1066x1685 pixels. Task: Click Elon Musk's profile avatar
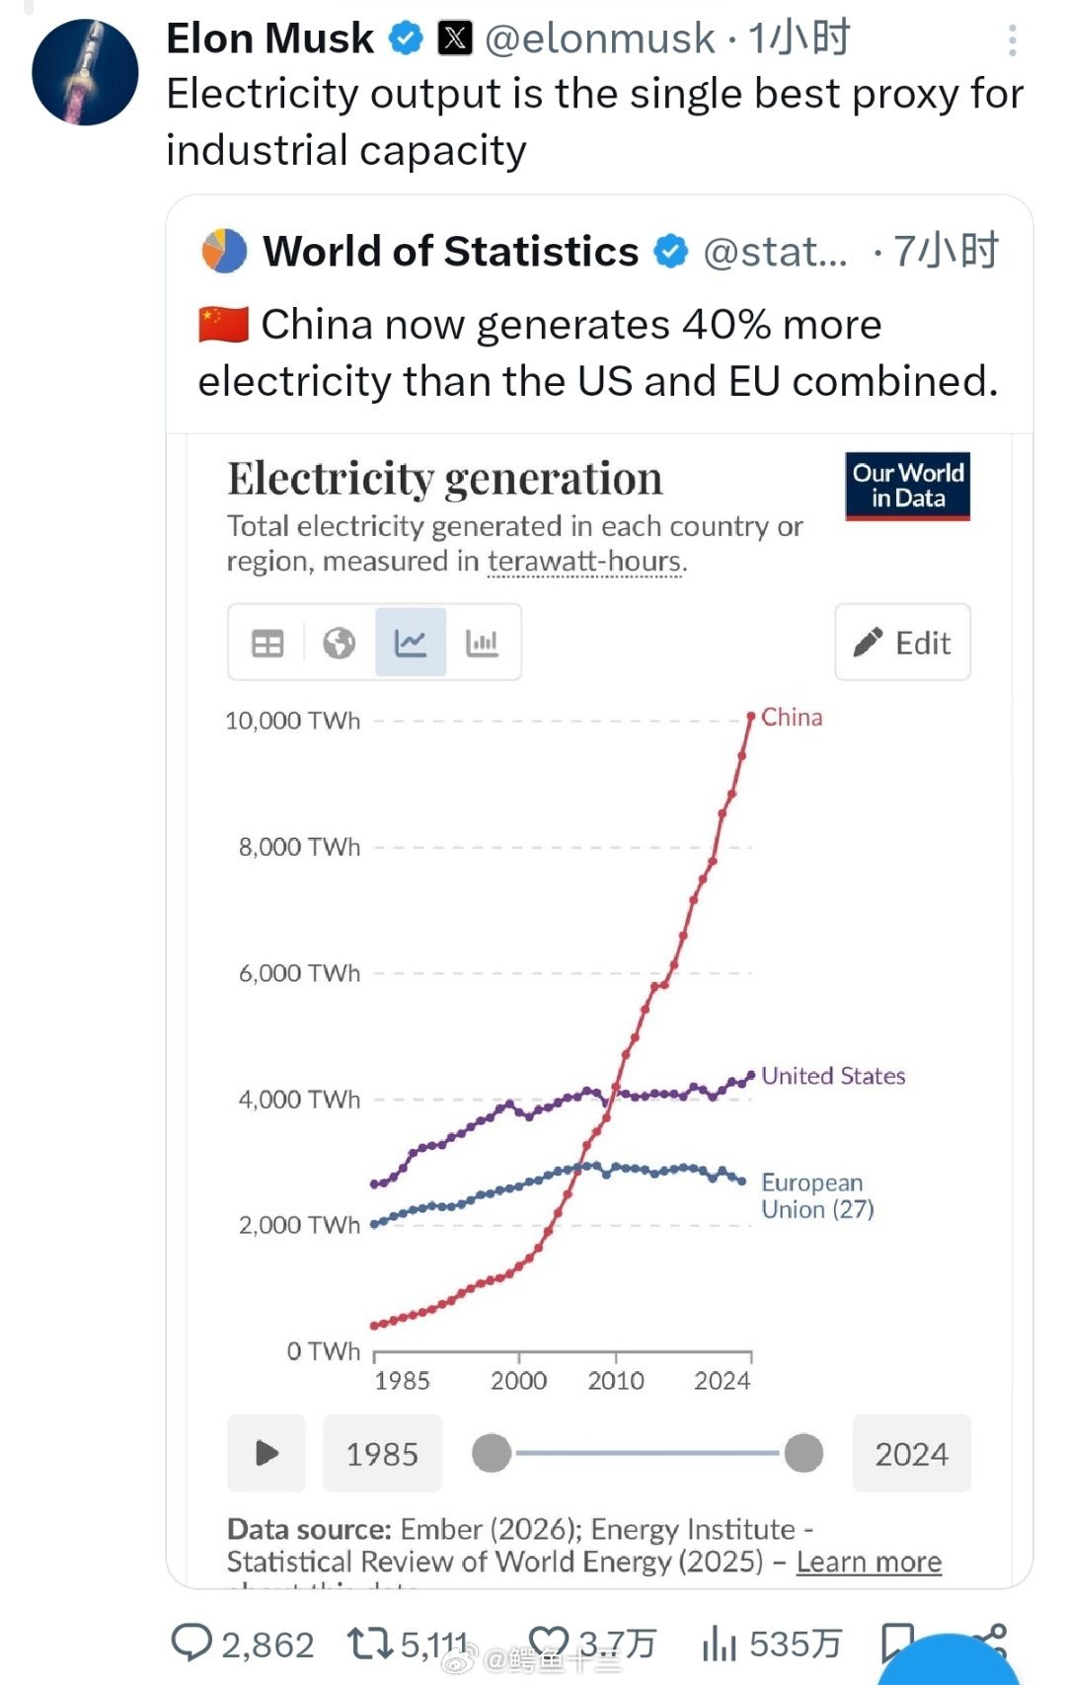tap(85, 72)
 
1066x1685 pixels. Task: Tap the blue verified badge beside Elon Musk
tap(406, 38)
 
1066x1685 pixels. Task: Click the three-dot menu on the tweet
tap(1012, 40)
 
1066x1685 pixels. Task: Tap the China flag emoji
tap(223, 325)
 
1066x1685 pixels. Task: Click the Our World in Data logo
tap(907, 486)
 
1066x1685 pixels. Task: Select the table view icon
tap(267, 644)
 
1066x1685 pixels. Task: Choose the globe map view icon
tap(339, 644)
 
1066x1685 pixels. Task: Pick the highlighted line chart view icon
tap(411, 644)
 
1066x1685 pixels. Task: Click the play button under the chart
tap(266, 1453)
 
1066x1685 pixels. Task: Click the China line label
tap(792, 718)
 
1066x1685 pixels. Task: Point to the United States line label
tap(833, 1076)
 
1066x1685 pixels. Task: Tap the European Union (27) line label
tap(817, 1195)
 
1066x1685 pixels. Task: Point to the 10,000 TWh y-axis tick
tap(293, 721)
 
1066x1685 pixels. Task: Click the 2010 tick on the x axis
tap(616, 1380)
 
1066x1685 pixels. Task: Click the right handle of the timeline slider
tap(803, 1453)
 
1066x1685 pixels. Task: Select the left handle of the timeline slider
tap(492, 1453)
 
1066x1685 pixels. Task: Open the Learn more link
tap(869, 1562)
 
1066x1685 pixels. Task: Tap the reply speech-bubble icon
tap(191, 1643)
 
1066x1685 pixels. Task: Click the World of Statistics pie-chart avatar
tap(224, 251)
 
